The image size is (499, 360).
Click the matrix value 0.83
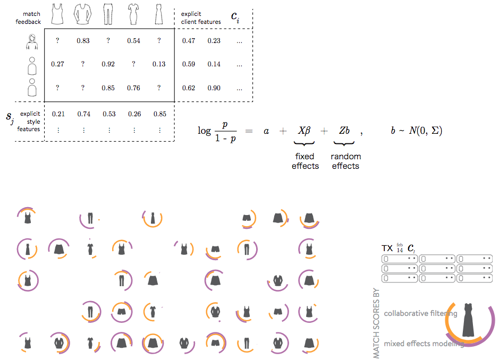coord(83,41)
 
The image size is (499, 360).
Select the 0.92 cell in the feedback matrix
coord(108,64)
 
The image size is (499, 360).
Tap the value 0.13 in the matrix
coord(159,64)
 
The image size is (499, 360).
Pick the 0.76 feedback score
coord(134,88)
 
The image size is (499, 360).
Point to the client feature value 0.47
coord(189,41)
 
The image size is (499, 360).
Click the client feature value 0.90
coord(214,88)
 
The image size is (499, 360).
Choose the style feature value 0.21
coord(58,114)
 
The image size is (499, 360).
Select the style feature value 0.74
coord(83,114)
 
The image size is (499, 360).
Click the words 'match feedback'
coord(28,18)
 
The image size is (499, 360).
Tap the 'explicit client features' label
coord(201,18)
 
